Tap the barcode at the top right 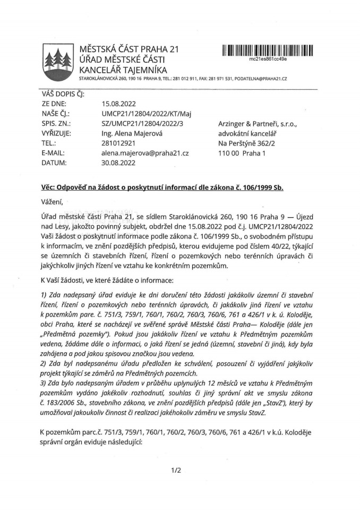(268, 50)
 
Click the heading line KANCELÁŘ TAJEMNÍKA (123, 70)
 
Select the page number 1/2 (177, 470)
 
